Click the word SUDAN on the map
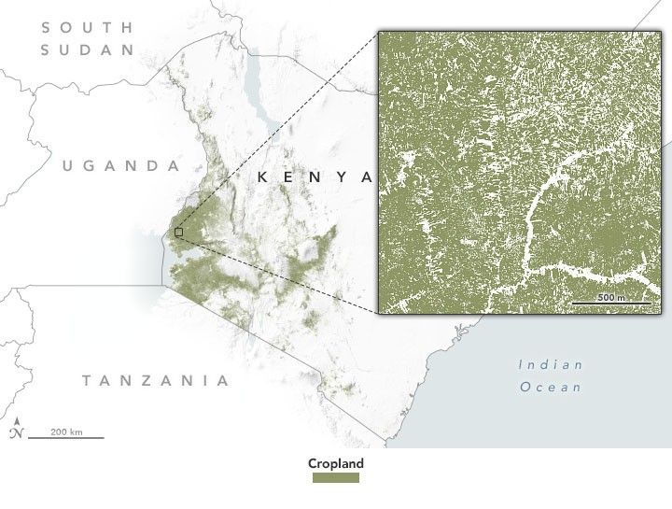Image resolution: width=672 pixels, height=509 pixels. pos(89,49)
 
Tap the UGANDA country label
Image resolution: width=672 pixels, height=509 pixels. pos(120,166)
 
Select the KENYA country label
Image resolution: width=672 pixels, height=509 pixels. pos(314,177)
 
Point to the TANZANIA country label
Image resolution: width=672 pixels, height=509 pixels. pos(155,380)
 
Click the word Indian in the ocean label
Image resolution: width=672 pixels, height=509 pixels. pos(551,364)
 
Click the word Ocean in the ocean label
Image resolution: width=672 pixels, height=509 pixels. pos(551,387)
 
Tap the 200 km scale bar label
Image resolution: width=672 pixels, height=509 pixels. pos(66,431)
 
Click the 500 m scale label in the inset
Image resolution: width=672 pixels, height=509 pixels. pos(612,297)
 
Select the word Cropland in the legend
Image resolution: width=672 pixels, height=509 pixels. pos(336,463)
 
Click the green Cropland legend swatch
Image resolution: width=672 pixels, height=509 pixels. pos(336,478)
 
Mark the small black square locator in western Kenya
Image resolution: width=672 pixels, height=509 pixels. pos(179,232)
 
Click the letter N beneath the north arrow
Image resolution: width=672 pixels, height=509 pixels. pos(16,434)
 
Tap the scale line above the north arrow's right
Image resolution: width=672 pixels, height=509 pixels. pos(66,437)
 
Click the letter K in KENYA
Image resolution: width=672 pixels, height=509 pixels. pos(264,177)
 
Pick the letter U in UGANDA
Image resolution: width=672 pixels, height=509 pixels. pos(67,166)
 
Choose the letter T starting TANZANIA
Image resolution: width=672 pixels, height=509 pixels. pos(87,380)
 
